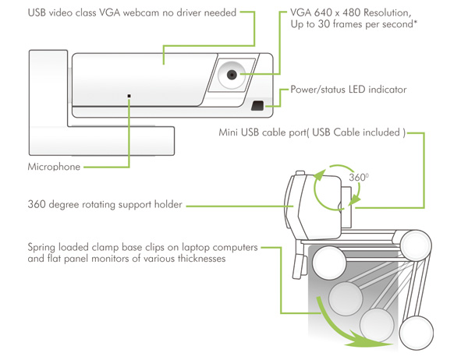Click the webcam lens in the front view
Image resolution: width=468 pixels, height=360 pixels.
click(x=232, y=76)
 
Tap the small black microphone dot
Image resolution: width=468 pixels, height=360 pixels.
click(x=129, y=97)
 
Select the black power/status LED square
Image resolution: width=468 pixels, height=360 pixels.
click(x=257, y=104)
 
